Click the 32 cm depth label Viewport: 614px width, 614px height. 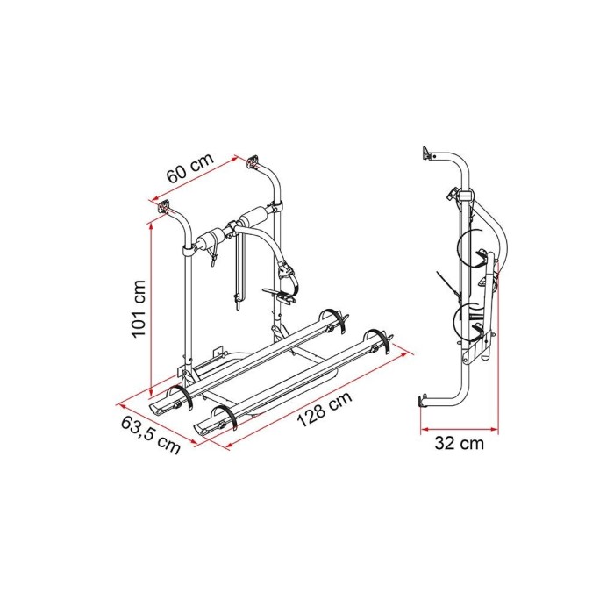460,443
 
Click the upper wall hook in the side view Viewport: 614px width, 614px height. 426,153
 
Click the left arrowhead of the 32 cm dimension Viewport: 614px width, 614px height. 423,429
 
